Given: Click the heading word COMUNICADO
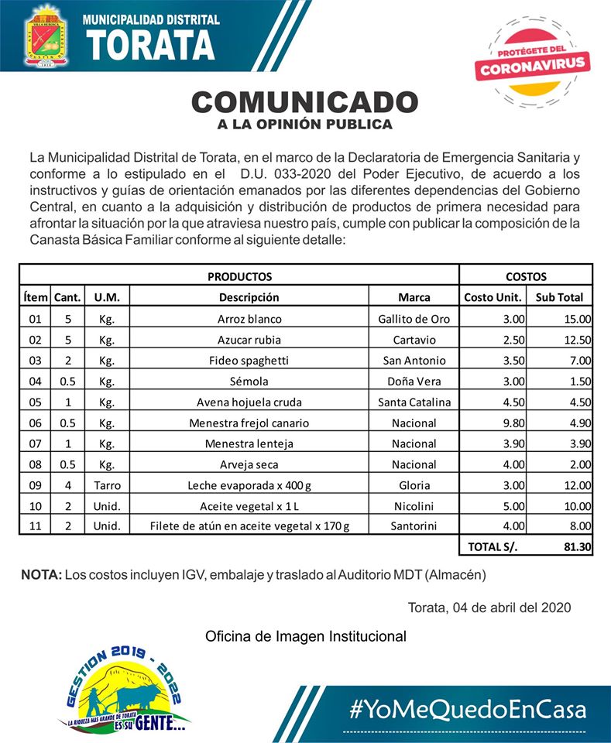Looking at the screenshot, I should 305,101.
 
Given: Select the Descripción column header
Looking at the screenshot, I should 249,297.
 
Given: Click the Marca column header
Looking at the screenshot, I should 414,297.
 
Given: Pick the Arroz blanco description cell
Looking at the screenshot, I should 249,319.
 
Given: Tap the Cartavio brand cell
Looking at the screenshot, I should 414,340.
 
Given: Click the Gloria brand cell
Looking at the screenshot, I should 414,485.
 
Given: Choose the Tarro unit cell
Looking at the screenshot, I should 107,485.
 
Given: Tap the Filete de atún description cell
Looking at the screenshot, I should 249,527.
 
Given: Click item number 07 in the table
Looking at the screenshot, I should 35,444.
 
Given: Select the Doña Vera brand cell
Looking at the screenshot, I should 414,382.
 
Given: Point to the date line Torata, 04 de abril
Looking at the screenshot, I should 489,608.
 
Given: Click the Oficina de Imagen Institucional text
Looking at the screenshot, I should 305,636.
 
